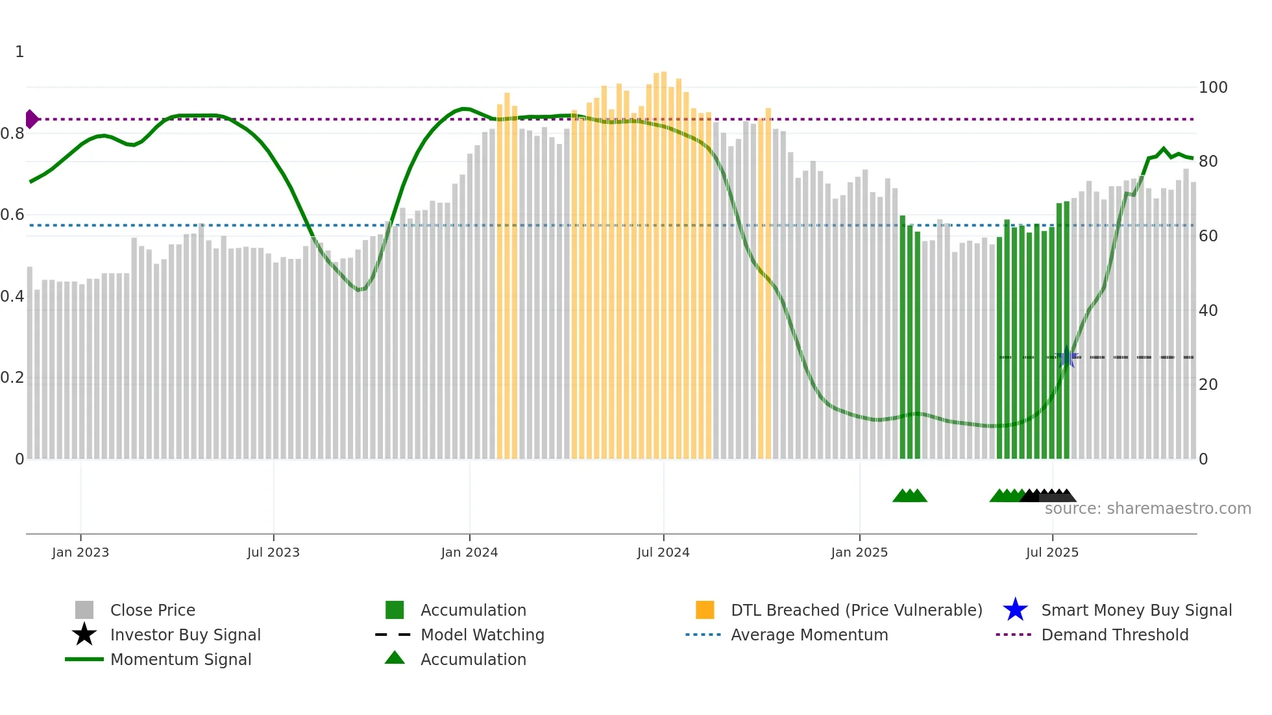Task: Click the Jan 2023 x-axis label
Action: coord(80,552)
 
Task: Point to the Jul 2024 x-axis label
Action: coord(663,552)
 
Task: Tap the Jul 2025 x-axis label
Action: coord(1052,552)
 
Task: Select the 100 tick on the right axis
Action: coord(1213,88)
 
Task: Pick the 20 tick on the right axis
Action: coord(1208,385)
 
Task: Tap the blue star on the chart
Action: coord(1066,357)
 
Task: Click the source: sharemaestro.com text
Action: coord(1147,509)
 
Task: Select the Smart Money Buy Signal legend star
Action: coord(1015,610)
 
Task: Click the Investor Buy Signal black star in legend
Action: coord(84,635)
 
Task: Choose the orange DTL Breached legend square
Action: coord(705,610)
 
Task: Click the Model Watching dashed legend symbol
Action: coord(393,635)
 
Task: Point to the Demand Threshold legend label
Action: coord(1114,635)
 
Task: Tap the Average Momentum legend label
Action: coord(809,635)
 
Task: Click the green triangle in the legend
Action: coord(395,658)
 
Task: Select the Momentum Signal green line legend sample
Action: coord(84,659)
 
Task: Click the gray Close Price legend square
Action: coord(84,610)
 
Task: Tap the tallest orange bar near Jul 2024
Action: coord(663,260)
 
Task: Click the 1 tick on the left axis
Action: coord(19,52)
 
